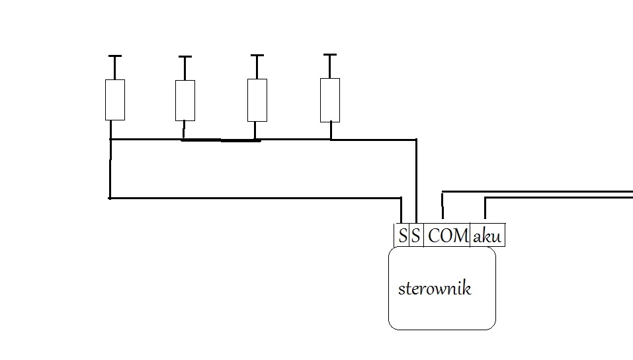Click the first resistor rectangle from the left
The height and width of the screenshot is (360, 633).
click(115, 99)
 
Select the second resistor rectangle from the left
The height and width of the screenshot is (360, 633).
click(185, 100)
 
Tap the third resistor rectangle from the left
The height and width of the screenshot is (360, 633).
click(257, 99)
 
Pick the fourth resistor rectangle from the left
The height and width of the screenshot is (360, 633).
click(330, 99)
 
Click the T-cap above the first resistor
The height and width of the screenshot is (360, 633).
click(115, 57)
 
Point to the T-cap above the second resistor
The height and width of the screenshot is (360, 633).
click(185, 58)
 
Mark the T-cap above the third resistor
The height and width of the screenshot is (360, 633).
click(257, 56)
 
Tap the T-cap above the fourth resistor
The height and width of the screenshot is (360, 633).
click(329, 55)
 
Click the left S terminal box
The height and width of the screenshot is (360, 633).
click(402, 236)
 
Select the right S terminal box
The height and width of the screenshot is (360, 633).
click(415, 236)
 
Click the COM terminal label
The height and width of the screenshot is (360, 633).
click(448, 236)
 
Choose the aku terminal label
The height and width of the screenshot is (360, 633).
click(487, 236)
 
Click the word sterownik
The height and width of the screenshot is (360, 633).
click(435, 289)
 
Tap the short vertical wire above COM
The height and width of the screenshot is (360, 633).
click(443, 204)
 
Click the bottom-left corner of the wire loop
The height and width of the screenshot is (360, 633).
click(110, 197)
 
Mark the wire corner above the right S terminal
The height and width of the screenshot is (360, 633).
click(416, 140)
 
